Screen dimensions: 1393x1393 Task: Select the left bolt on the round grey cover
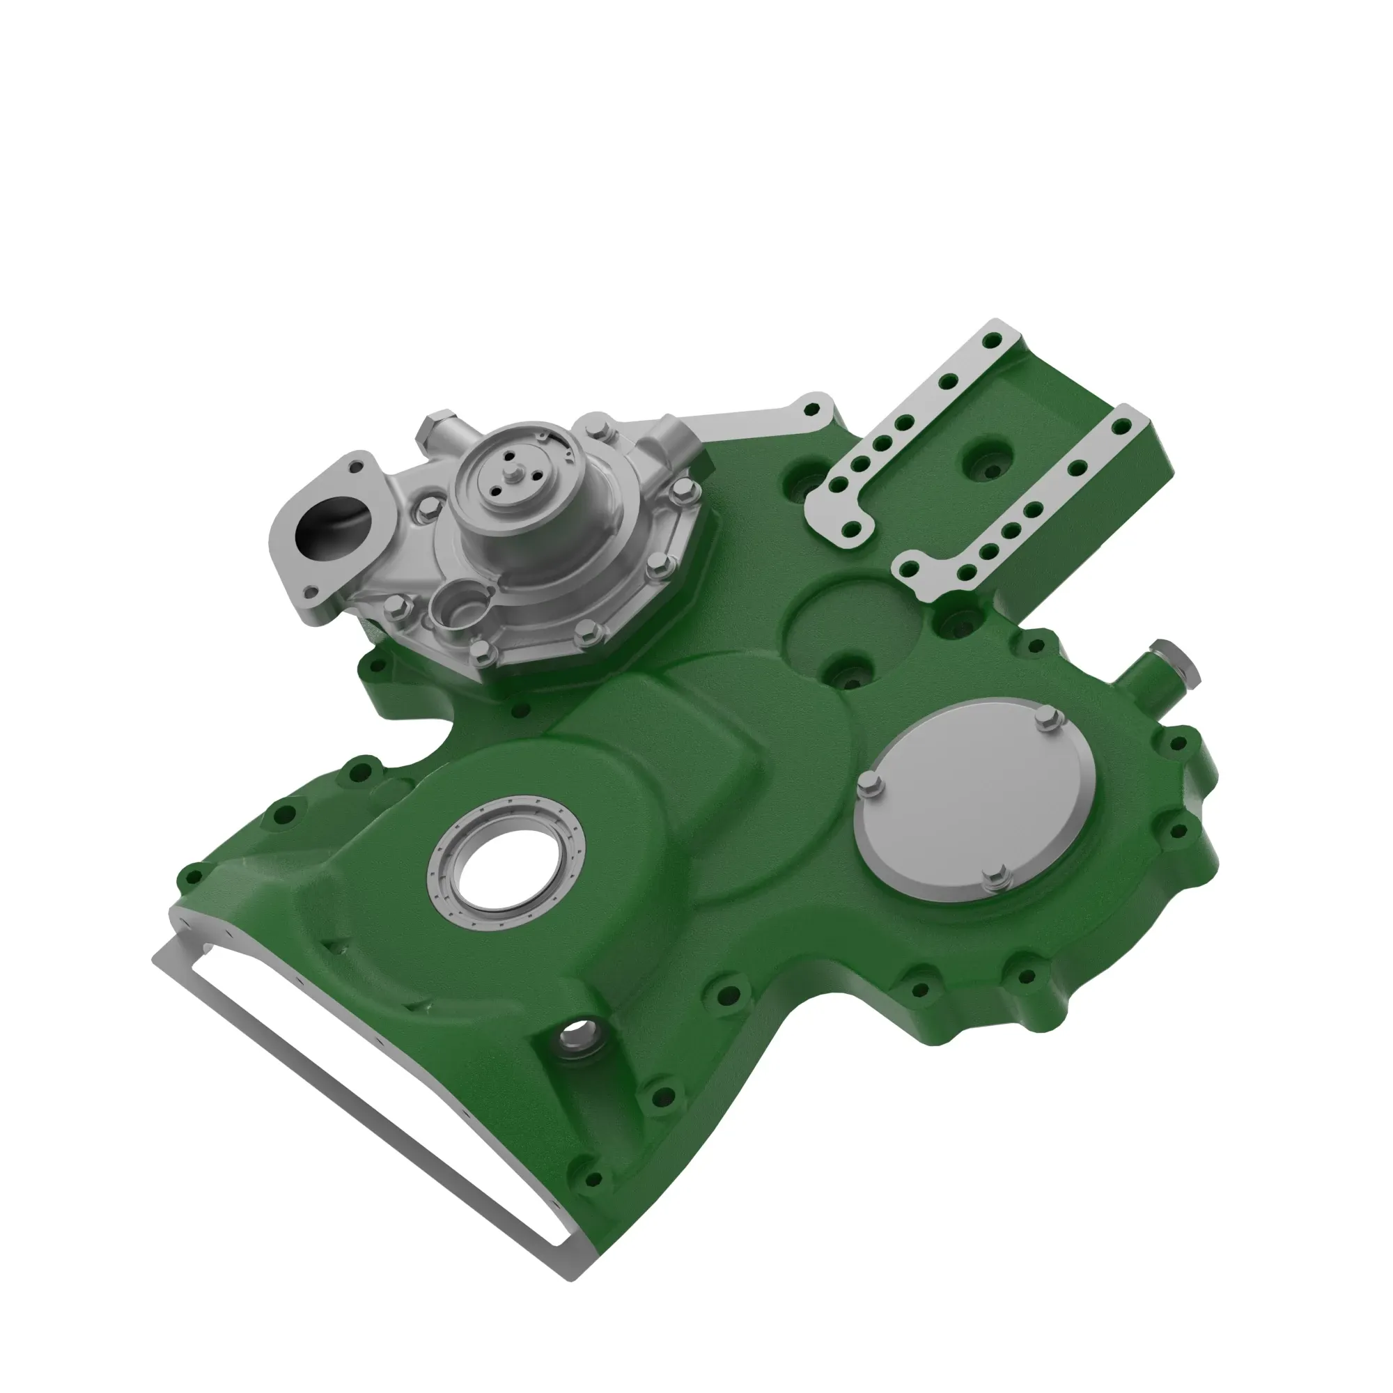coord(870,785)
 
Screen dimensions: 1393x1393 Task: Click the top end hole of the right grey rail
coord(1122,427)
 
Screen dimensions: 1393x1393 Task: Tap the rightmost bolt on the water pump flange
coord(684,492)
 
